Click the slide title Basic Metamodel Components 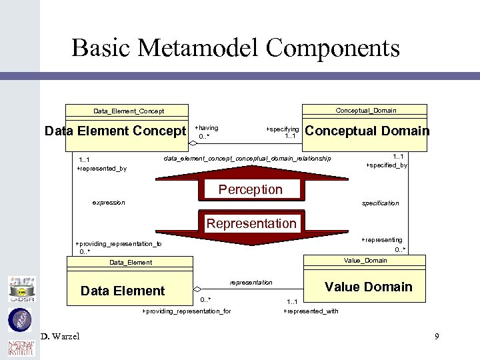[235, 48]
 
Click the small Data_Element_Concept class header [129, 111]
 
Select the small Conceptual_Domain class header [365, 110]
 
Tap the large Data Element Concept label [115, 131]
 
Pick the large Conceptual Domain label [367, 131]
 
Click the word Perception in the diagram [250, 189]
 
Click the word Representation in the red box [251, 223]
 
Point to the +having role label [206, 127]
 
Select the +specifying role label [282, 129]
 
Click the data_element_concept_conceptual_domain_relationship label [247, 159]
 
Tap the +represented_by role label [101, 169]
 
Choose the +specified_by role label [387, 165]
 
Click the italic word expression [108, 202]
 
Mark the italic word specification [380, 203]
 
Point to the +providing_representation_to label [118, 244]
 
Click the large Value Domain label [368, 287]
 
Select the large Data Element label [122, 291]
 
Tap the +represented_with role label [311, 311]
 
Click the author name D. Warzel [59, 336]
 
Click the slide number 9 [437, 336]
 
